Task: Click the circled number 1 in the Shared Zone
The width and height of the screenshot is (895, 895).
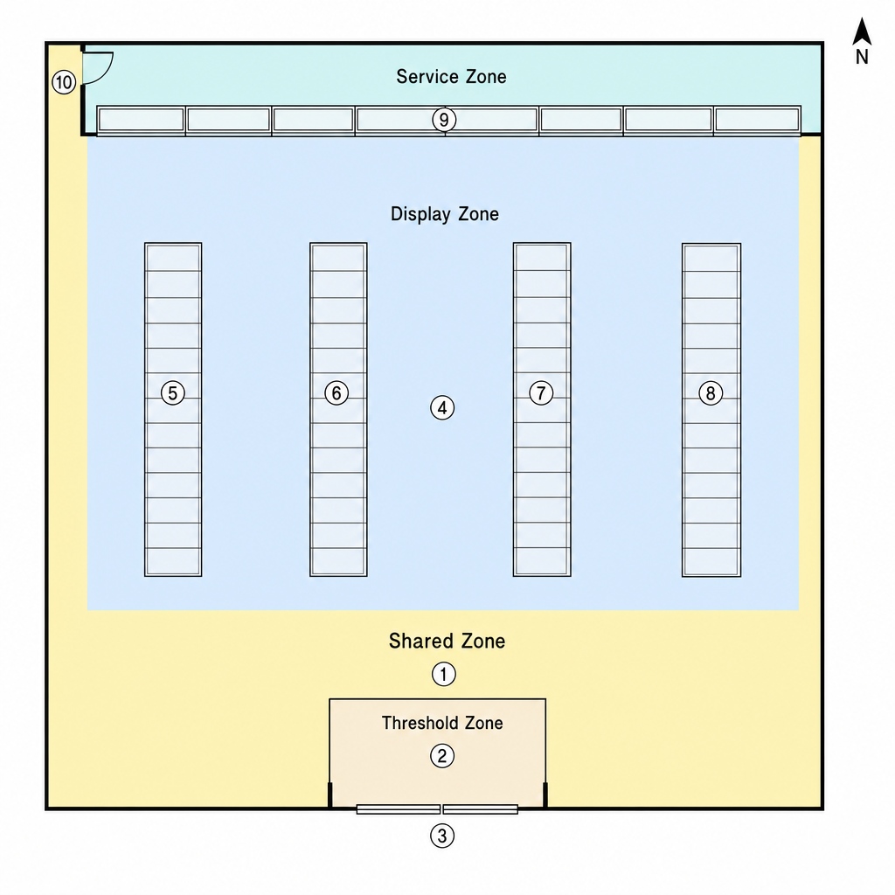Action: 443,674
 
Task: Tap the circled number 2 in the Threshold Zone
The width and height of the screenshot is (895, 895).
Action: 441,756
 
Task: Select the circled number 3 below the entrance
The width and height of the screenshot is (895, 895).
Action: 441,836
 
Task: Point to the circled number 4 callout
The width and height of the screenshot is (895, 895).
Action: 442,408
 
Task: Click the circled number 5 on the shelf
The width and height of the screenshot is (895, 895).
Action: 173,393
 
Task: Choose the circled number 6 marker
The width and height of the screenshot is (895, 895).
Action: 336,393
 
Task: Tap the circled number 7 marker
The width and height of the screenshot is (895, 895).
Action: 541,392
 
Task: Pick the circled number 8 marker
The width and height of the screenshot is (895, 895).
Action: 711,393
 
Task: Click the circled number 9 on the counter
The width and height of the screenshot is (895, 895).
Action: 444,121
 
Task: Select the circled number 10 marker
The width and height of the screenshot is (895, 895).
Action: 64,83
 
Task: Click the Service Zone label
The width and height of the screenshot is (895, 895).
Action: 452,77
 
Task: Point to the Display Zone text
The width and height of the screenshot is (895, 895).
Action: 445,214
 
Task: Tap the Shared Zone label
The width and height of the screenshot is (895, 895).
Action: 447,641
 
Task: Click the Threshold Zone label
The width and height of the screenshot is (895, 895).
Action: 442,723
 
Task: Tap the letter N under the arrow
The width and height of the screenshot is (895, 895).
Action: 862,57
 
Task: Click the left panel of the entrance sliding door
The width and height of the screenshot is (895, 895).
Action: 399,809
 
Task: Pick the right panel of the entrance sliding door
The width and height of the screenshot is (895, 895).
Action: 481,809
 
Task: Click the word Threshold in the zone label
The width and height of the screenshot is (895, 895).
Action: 420,723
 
